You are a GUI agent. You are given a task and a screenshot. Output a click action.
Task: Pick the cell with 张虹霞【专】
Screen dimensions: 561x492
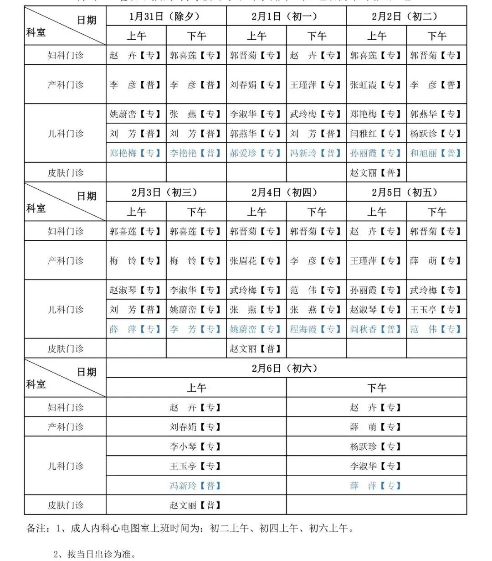(376, 85)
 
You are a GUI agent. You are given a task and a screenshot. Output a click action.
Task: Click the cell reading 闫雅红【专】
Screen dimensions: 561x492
(376, 134)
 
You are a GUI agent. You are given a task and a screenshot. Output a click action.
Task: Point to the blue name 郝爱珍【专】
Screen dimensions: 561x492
(256, 153)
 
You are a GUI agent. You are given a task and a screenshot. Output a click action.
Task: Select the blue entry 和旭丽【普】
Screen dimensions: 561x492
(436, 153)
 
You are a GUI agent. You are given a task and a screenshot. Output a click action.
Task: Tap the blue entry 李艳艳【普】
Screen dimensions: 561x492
(195, 153)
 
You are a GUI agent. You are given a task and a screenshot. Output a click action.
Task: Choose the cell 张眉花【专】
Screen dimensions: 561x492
(256, 261)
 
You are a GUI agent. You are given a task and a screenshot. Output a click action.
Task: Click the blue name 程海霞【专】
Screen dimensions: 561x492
(316, 329)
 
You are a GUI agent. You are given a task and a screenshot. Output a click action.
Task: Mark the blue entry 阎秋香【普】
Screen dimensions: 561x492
(376, 329)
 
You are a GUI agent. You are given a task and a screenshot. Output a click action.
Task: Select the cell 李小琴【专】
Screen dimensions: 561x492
(195, 447)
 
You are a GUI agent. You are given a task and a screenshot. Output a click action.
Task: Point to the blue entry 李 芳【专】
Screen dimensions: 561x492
(195, 329)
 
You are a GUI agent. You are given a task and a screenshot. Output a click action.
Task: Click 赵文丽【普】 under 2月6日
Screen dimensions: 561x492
(195, 505)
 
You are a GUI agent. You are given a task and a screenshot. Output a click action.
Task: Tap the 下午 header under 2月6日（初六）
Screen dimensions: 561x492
(377, 388)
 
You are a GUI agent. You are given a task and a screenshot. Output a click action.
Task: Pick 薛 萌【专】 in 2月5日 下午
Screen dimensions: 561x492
(436, 261)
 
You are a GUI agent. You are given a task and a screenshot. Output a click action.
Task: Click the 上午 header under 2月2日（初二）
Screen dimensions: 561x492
(377, 36)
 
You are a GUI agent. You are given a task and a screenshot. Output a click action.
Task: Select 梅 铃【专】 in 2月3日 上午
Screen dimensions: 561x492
(135, 261)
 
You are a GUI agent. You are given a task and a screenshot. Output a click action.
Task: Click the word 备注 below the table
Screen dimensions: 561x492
(36, 529)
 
